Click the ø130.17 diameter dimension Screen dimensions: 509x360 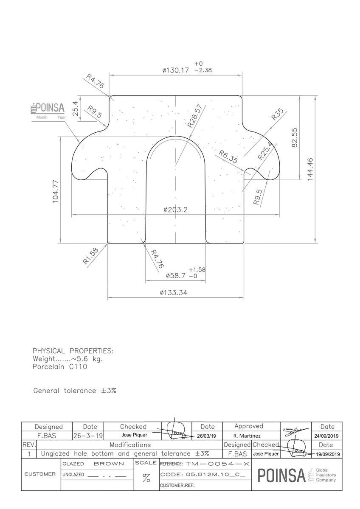click(x=175, y=70)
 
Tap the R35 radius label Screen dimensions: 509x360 click(x=277, y=115)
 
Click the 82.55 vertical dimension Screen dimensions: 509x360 click(x=295, y=137)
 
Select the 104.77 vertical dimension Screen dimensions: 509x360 click(x=56, y=191)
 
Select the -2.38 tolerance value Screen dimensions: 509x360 click(x=202, y=70)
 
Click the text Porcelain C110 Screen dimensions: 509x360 click(x=59, y=367)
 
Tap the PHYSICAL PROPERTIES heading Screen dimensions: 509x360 click(x=73, y=351)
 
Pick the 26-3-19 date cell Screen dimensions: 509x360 click(x=88, y=436)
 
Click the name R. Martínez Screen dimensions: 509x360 click(x=247, y=436)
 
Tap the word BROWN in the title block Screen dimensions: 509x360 click(x=108, y=464)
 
